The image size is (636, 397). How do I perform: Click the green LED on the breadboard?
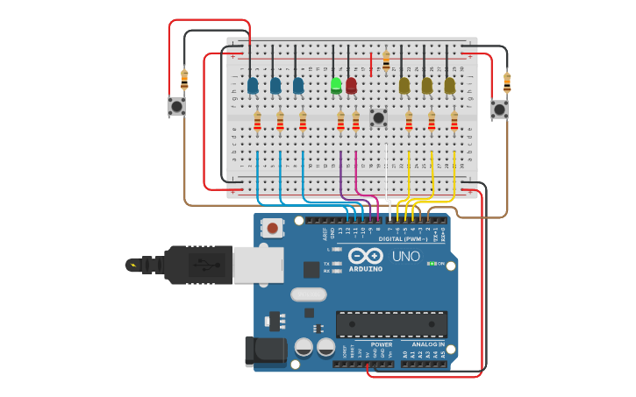pyautogui.click(x=336, y=85)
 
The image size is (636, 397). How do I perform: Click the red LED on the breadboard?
pyautogui.click(x=352, y=85)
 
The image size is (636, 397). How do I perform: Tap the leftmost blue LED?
pyautogui.click(x=253, y=86)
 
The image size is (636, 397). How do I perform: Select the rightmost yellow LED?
pyautogui.click(x=449, y=85)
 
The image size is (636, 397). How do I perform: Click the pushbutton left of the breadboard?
pyautogui.click(x=176, y=107)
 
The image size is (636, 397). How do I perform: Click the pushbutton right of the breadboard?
pyautogui.click(x=499, y=110)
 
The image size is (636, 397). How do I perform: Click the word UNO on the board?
pyautogui.click(x=405, y=256)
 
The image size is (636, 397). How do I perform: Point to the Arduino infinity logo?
pyautogui.click(x=365, y=256)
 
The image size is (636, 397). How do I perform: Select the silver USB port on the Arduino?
pyautogui.click(x=258, y=264)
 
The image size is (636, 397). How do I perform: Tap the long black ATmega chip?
pyautogui.click(x=391, y=324)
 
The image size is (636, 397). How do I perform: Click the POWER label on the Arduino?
pyautogui.click(x=382, y=344)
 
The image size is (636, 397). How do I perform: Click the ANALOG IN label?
pyautogui.click(x=428, y=344)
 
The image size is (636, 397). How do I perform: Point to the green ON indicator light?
pyautogui.click(x=431, y=263)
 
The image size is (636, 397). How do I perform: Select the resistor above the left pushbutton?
pyautogui.click(x=184, y=79)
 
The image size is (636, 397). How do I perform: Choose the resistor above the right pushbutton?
pyautogui.click(x=507, y=82)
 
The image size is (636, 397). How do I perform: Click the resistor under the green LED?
pyautogui.click(x=340, y=121)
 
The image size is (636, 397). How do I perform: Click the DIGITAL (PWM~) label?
pyautogui.click(x=403, y=238)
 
